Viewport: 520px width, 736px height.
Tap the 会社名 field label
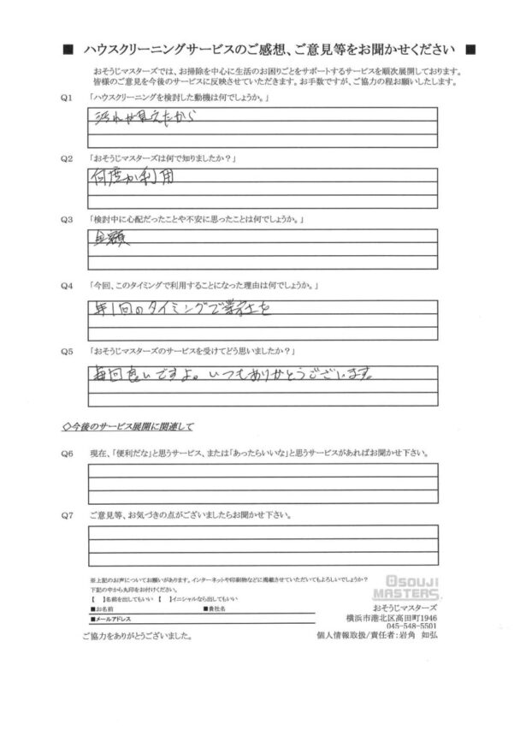pos(215,608)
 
